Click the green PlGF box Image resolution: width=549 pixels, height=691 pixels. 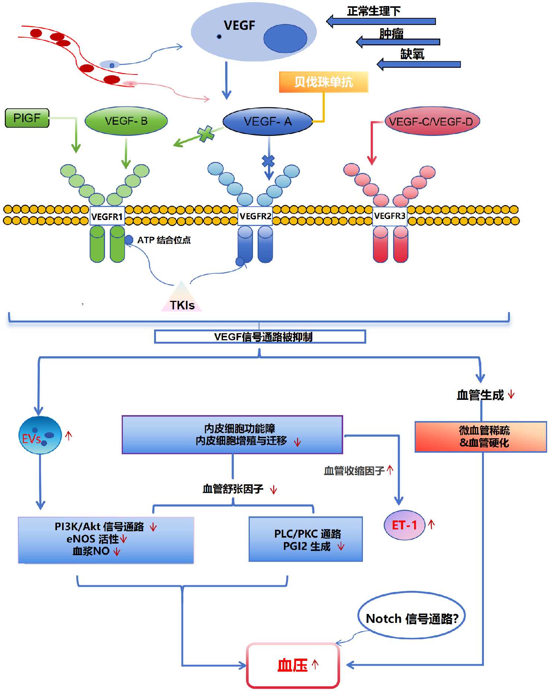pos(27,118)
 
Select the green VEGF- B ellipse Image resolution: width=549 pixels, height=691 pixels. pos(126,121)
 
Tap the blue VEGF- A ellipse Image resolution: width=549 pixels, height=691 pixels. pos(268,121)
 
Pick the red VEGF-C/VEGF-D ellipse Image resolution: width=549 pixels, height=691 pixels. pos(432,121)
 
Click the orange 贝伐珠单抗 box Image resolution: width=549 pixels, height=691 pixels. pos(323,82)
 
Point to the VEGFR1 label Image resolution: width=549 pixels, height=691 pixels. pos(107,216)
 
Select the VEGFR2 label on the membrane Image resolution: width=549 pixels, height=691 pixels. pos(255,216)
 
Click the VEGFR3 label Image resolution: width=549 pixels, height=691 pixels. pos(390,216)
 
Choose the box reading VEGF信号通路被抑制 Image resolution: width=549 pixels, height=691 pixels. pos(260,337)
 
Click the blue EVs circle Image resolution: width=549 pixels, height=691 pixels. pos(40,435)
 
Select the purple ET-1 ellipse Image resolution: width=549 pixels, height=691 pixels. pos(405,525)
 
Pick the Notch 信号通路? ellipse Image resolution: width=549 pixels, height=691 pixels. pos(411,618)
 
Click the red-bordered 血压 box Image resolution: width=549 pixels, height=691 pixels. pos(293,665)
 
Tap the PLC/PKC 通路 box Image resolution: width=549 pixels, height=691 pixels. pos(306,539)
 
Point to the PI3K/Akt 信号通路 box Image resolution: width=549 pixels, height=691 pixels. pos(106,540)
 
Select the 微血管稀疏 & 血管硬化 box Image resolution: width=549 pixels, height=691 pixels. pos(481,437)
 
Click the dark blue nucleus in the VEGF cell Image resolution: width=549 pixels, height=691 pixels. pos(285,38)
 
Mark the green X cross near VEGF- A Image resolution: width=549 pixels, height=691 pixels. pos(205,134)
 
